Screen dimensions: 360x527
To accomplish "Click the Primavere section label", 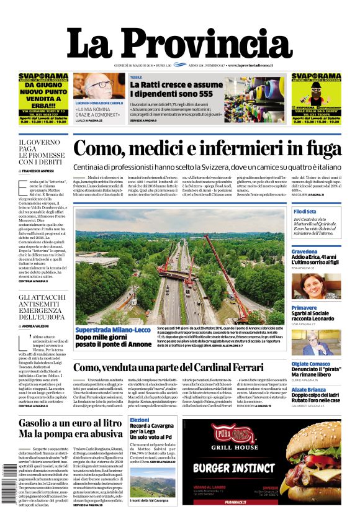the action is click(x=304, y=308).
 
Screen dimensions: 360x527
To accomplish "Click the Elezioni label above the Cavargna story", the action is click(x=139, y=420).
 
